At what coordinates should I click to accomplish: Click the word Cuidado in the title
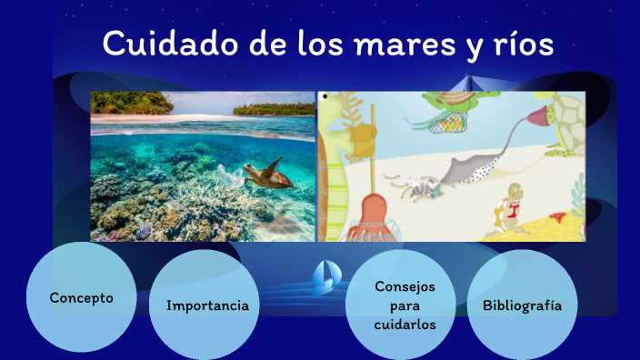[159, 44]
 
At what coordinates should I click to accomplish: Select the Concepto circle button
[82, 298]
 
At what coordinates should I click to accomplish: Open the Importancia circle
[207, 305]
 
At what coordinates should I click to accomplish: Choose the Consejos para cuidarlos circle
[405, 305]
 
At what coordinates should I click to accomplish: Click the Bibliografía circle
[522, 305]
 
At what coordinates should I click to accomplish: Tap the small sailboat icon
[325, 277]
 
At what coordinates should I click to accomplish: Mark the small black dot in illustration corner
[325, 96]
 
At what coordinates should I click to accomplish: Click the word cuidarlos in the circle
[405, 325]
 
